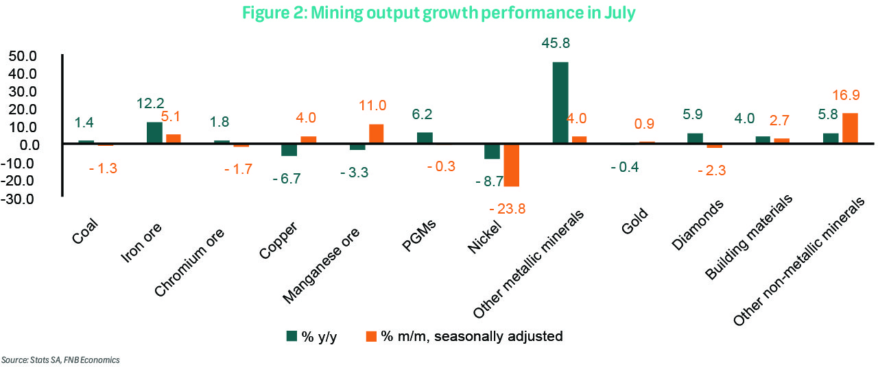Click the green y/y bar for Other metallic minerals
point(560,103)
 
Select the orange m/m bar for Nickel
point(511,165)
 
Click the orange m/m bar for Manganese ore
point(376,134)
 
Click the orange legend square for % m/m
point(372,336)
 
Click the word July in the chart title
point(621,12)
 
